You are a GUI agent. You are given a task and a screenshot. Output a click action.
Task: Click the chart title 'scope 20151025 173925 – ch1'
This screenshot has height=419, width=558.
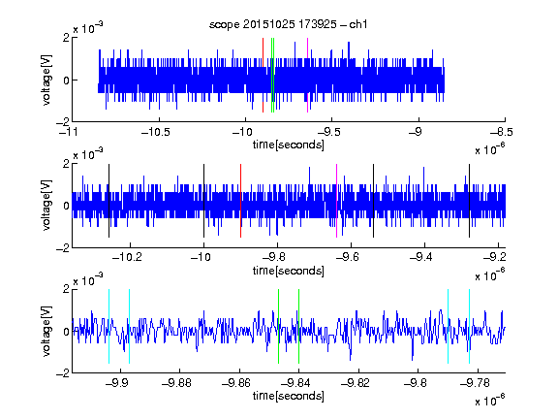(289, 24)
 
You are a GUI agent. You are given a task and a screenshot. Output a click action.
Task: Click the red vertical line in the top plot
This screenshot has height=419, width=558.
(263, 76)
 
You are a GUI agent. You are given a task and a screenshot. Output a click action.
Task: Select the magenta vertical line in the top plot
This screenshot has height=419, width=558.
(307, 76)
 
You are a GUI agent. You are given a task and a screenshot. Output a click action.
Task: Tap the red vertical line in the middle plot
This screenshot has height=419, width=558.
(241, 201)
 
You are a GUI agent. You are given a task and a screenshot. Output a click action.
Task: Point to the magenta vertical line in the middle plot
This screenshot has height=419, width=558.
(337, 201)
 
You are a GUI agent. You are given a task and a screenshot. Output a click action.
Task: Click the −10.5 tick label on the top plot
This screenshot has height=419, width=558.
(156, 132)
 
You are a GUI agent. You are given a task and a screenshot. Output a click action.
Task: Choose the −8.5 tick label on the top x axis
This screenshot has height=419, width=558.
(502, 132)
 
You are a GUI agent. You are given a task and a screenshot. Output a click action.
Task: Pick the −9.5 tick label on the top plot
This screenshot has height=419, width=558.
(328, 132)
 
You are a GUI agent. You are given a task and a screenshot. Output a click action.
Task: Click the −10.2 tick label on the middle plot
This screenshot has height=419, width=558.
(127, 257)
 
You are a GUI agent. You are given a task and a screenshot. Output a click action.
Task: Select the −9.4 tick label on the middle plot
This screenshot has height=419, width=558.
(421, 257)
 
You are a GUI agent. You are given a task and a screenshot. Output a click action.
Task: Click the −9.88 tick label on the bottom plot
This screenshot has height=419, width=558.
(176, 383)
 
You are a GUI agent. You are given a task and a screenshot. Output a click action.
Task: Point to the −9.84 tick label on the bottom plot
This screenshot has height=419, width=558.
(295, 383)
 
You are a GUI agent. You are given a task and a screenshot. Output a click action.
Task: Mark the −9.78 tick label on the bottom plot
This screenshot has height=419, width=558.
(475, 383)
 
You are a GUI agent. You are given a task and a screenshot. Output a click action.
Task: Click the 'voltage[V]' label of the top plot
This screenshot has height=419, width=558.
(46, 80)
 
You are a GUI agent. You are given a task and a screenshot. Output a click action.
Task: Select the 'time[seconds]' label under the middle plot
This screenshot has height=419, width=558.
(289, 271)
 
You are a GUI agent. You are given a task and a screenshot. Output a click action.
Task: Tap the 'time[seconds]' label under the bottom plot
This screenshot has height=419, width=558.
(289, 396)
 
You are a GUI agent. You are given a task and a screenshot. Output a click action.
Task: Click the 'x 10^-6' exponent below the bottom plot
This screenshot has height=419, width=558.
(490, 400)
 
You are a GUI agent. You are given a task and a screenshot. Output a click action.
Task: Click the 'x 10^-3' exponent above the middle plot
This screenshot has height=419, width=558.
(88, 154)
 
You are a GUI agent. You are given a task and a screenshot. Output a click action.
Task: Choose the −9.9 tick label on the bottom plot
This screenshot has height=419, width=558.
(116, 383)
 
